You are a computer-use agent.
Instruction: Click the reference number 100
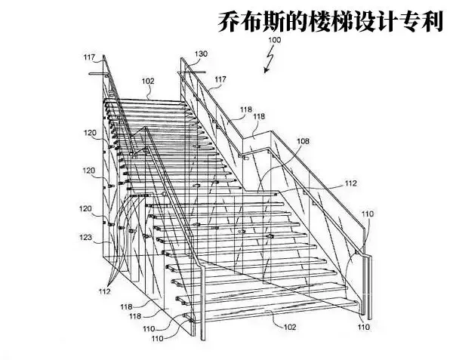coord(274,39)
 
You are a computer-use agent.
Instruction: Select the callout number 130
coord(200,54)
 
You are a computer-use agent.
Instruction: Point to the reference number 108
coord(303,141)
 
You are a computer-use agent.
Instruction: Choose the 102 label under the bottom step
coord(289,327)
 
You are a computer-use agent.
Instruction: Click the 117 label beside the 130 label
coord(220,79)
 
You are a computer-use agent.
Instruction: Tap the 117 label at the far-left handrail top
coord(90,57)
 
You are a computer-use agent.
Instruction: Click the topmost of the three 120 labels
coord(90,132)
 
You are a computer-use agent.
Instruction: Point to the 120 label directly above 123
coord(86,208)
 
